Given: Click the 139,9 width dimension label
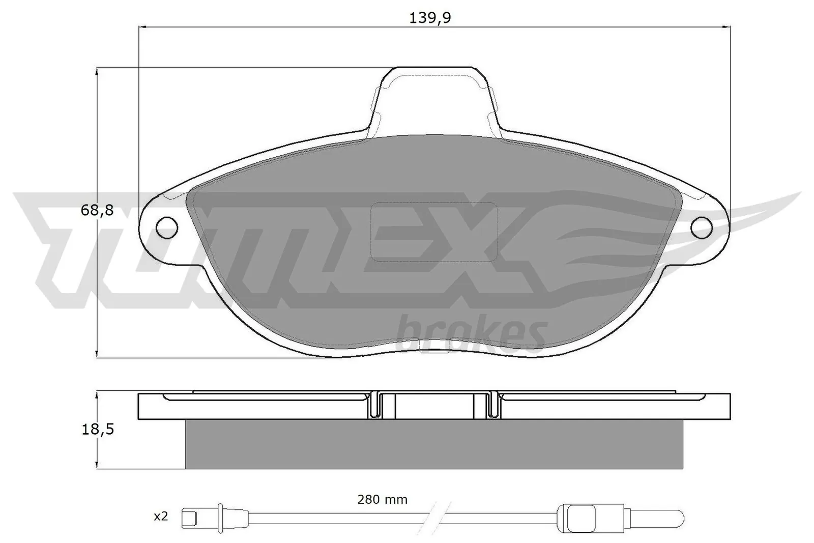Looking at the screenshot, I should [430, 18].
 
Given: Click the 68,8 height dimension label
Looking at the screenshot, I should [97, 211].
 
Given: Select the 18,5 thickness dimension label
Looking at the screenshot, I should [97, 430].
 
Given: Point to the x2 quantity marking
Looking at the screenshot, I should [161, 517].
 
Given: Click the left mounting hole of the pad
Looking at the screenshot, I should [166, 227].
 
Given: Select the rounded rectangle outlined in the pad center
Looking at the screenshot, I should [434, 232].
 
